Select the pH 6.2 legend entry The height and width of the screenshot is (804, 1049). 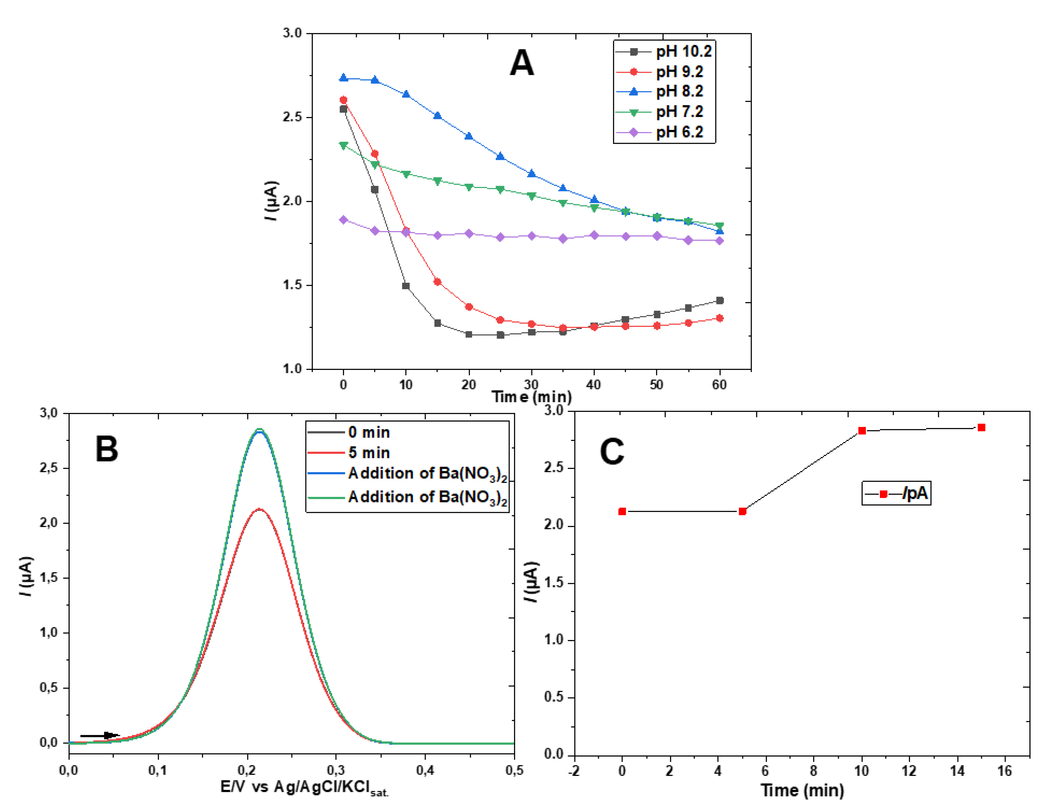663,132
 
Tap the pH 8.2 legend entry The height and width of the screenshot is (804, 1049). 663,92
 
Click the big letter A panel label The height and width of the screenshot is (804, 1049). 521,63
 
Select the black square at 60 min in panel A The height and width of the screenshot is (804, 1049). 719,301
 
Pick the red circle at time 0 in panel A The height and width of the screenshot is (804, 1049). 343,100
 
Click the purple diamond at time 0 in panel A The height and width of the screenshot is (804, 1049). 343,220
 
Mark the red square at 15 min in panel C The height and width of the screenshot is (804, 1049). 981,427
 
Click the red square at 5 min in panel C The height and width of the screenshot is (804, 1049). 742,511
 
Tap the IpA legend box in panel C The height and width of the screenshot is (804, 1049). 896,494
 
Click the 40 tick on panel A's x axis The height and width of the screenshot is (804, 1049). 594,385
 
